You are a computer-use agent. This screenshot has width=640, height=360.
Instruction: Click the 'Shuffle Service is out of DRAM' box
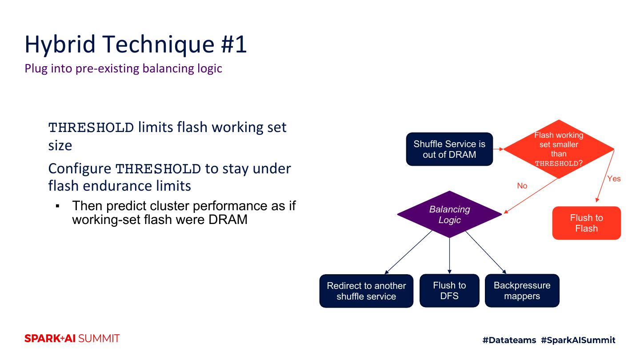pyautogui.click(x=449, y=149)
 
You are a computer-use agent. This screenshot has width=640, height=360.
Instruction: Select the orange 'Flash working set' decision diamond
pyautogui.click(x=559, y=149)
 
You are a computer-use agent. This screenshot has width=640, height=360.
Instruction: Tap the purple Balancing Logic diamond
pyautogui.click(x=449, y=214)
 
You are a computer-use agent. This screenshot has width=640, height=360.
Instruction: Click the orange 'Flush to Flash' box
pyautogui.click(x=586, y=223)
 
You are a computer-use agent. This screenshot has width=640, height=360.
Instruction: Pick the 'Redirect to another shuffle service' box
pyautogui.click(x=366, y=291)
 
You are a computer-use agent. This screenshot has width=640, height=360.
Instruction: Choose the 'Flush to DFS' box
pyautogui.click(x=449, y=291)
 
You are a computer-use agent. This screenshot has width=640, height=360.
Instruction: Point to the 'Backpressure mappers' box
pyautogui.click(x=522, y=291)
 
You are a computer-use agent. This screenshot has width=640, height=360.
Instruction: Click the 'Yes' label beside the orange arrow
pyautogui.click(x=614, y=179)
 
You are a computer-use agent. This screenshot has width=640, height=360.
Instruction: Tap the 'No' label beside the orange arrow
pyautogui.click(x=522, y=186)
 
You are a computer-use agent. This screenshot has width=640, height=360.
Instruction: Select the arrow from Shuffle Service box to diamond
pyautogui.click(x=498, y=149)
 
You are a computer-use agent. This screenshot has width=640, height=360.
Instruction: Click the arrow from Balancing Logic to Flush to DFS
pyautogui.click(x=449, y=256)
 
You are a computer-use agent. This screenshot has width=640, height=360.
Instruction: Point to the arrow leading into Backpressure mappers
pyautogui.click(x=486, y=252)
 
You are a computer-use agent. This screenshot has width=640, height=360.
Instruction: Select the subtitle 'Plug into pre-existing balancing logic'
pyautogui.click(x=123, y=69)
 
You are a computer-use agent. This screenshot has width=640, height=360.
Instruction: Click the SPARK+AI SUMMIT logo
pyautogui.click(x=72, y=339)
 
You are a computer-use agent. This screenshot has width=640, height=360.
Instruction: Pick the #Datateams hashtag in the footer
pyautogui.click(x=509, y=340)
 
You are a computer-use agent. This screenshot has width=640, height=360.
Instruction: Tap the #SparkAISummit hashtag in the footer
pyautogui.click(x=578, y=340)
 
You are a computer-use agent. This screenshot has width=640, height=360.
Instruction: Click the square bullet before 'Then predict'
pyautogui.click(x=58, y=206)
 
